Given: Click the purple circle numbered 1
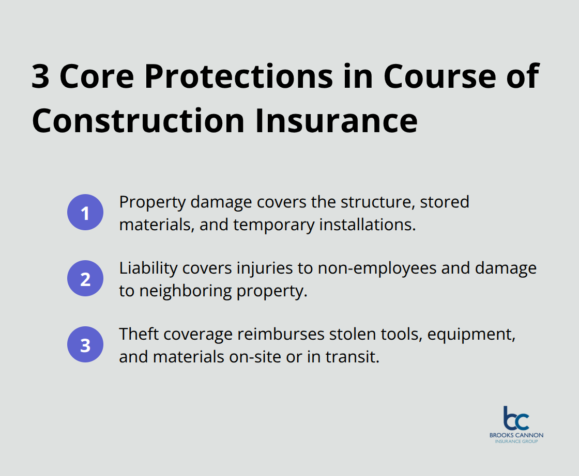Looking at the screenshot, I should click(x=85, y=212).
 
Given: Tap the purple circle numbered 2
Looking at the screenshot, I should click(x=85, y=279).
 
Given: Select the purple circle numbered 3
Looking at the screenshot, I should click(x=85, y=345).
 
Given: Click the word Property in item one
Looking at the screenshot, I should click(x=152, y=202).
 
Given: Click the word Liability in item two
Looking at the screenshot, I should click(x=147, y=268).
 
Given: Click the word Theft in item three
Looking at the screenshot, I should click(x=139, y=334).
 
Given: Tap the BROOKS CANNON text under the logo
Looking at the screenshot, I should click(x=516, y=435).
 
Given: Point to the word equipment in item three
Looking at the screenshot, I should click(x=474, y=334).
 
